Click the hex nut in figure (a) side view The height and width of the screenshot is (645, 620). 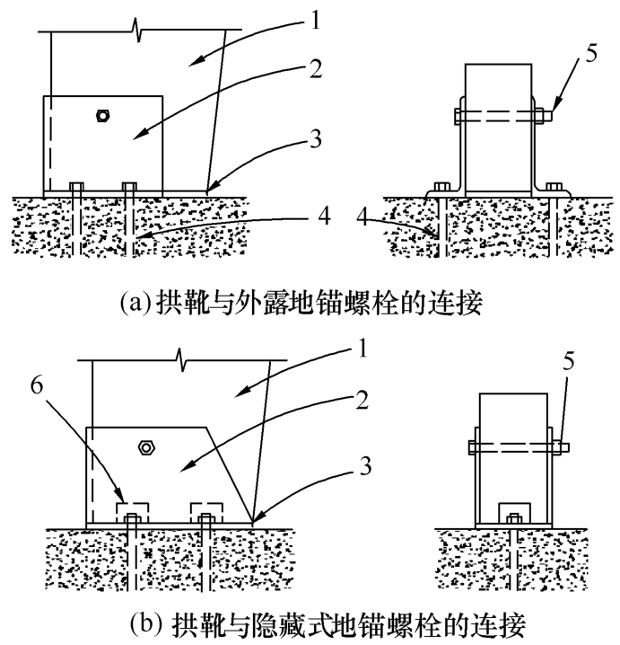coord(102,116)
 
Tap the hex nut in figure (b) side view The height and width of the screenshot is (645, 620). coord(146,447)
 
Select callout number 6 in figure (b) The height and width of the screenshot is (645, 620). coord(37,385)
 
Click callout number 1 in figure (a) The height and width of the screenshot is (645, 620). coord(315,20)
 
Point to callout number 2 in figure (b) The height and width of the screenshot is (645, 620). coord(362,400)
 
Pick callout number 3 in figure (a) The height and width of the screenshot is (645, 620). coord(315,139)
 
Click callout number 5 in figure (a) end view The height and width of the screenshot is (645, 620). coord(590,54)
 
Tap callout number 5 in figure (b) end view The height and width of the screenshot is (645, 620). coord(568,361)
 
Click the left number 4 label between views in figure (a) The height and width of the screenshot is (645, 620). coord(325,216)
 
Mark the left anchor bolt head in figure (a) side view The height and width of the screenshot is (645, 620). coord(76,186)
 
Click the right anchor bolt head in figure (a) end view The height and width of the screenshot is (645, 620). coord(554,187)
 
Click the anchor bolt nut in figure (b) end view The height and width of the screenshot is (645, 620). coord(514,518)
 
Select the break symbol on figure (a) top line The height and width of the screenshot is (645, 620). coord(136,30)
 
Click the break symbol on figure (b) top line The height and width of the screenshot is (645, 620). coord(182,360)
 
